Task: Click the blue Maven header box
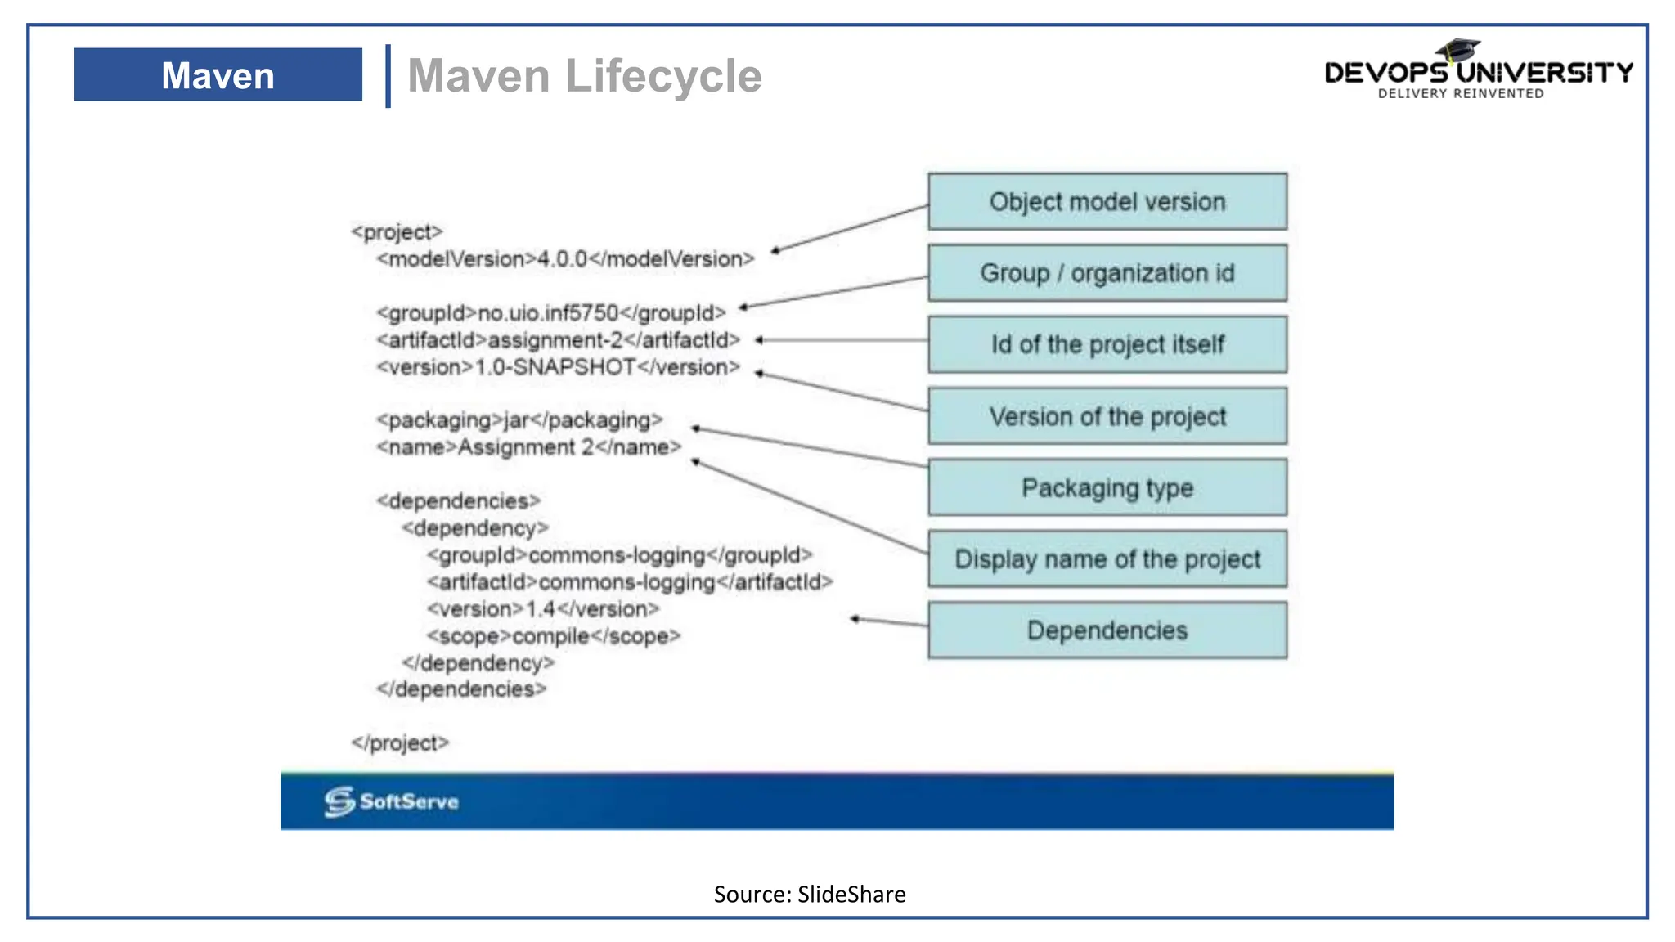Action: pyautogui.click(x=218, y=75)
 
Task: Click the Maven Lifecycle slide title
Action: pyautogui.click(x=584, y=76)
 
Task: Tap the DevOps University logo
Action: pyautogui.click(x=1477, y=71)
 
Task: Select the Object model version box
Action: pyautogui.click(x=1107, y=201)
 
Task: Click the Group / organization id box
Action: pyautogui.click(x=1107, y=273)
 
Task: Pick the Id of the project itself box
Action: pyautogui.click(x=1107, y=344)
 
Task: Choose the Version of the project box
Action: pyautogui.click(x=1107, y=416)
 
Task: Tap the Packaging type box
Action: pyautogui.click(x=1107, y=488)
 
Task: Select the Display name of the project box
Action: pyautogui.click(x=1107, y=559)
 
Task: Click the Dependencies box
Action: pyautogui.click(x=1107, y=630)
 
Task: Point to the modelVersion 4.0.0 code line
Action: pyautogui.click(x=565, y=259)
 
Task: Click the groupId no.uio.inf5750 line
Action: pyautogui.click(x=550, y=313)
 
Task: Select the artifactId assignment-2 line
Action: pyautogui.click(x=558, y=340)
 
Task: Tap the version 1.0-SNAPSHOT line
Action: pyautogui.click(x=558, y=367)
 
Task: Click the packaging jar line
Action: pyautogui.click(x=519, y=420)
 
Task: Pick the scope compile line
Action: pyautogui.click(x=553, y=636)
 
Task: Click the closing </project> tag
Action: pyautogui.click(x=400, y=743)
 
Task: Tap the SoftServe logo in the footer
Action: pyautogui.click(x=391, y=801)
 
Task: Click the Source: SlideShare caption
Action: pyautogui.click(x=809, y=895)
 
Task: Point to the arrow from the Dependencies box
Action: pyautogui.click(x=889, y=622)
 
